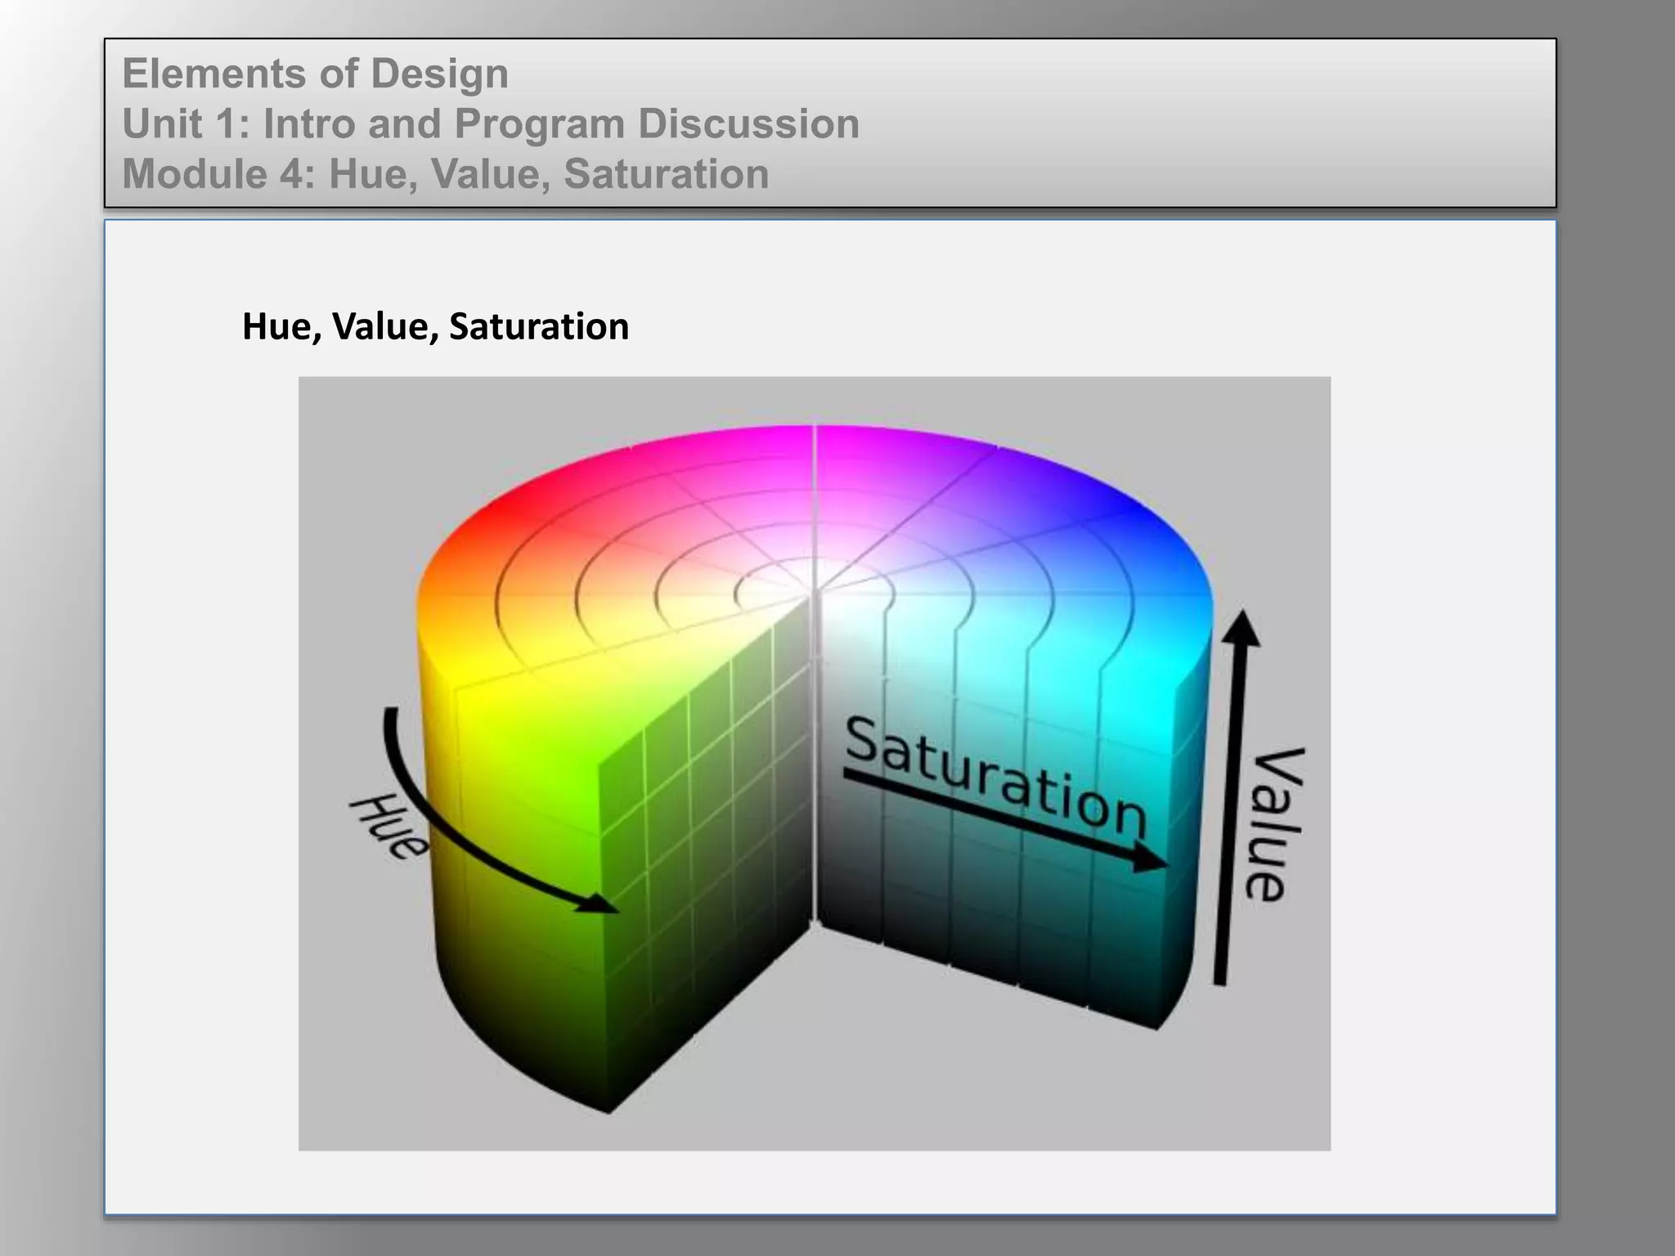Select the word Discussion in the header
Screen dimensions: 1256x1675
click(748, 124)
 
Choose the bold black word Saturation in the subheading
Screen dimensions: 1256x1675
click(539, 327)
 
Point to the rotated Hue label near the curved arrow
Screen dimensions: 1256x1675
click(388, 826)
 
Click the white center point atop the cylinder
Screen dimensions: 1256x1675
click(814, 585)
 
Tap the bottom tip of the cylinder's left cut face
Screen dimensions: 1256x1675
click(608, 1110)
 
